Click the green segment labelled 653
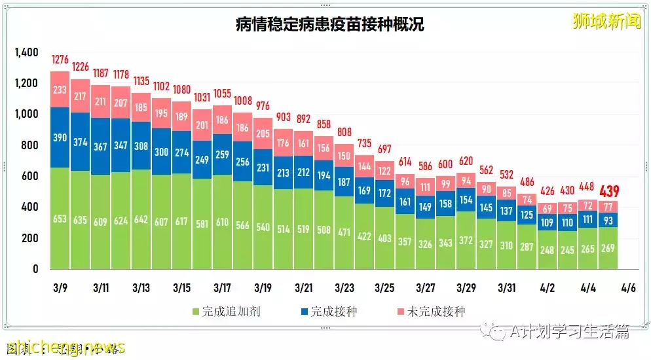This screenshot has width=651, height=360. (60, 219)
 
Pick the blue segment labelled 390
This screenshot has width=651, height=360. (60, 137)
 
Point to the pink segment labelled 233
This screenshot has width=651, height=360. (60, 90)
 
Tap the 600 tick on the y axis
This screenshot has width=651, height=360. (29, 176)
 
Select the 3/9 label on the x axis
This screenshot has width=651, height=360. (60, 288)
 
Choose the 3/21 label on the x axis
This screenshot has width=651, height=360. (303, 288)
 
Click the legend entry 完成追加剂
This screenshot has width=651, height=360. (226, 312)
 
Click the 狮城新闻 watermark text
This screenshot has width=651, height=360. (606, 21)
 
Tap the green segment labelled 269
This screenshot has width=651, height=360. (608, 249)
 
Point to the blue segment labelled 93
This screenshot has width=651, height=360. (608, 220)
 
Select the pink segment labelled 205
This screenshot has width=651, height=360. (263, 134)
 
